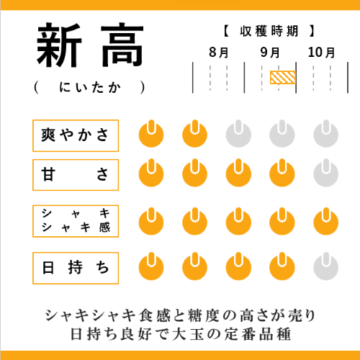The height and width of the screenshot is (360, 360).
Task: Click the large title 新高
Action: [90, 45]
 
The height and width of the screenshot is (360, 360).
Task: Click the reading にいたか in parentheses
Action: [90, 87]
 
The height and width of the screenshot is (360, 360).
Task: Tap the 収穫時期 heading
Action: [269, 31]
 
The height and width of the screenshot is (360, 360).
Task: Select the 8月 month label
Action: [218, 53]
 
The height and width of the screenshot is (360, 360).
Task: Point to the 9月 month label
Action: [270, 53]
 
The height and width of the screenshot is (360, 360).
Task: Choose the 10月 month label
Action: [321, 53]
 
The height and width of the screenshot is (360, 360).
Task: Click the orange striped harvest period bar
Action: [283, 77]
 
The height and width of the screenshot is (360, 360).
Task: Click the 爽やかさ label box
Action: [76, 136]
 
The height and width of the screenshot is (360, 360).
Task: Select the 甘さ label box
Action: [76, 175]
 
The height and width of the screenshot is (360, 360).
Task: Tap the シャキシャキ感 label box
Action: [76, 221]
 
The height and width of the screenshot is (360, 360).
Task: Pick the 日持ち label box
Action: [76, 268]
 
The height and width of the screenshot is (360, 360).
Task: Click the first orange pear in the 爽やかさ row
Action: [151, 134]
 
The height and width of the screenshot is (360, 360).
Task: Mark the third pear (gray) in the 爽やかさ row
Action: [238, 134]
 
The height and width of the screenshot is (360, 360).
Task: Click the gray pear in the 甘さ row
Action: [325, 173]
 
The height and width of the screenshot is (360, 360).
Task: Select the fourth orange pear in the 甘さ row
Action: [282, 173]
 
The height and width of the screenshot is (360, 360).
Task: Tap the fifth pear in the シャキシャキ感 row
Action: [325, 222]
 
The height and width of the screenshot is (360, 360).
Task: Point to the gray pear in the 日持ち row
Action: [325, 266]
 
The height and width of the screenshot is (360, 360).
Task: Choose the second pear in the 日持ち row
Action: [194, 266]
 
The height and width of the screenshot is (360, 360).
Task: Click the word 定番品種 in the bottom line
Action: [258, 334]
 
